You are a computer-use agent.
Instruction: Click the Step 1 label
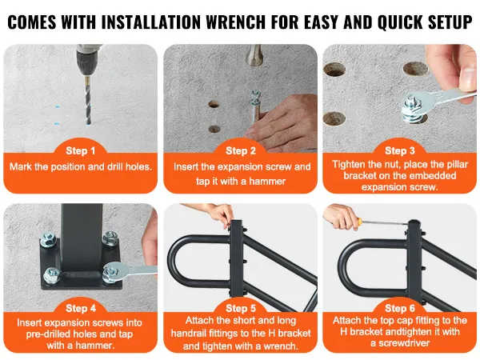coord(81,150)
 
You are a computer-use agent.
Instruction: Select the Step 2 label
coord(241,150)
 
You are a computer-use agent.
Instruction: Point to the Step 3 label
coord(400,150)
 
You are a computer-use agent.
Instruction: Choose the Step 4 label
coord(81,308)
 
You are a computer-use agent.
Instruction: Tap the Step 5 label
coord(241,308)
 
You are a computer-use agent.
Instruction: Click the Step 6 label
coord(400,308)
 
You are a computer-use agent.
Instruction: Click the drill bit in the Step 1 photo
coord(88,101)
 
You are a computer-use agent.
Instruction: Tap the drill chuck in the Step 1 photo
coord(87,62)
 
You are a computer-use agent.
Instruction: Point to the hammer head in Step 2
coord(254,55)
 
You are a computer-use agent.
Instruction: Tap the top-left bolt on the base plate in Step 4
coord(49,239)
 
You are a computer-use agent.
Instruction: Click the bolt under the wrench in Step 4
coord(111,272)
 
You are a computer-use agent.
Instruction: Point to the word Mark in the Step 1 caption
coord(20,167)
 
